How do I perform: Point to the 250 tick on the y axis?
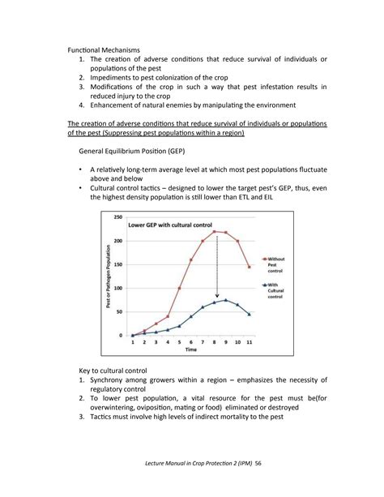point(118,217)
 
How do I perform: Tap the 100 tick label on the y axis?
point(118,288)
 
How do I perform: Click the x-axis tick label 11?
point(249,343)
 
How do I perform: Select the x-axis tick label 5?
point(179,343)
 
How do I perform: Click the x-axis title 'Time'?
point(190,350)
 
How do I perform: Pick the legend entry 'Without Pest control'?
point(275,264)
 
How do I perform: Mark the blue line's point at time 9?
point(225,300)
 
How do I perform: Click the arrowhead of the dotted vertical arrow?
point(216,298)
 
